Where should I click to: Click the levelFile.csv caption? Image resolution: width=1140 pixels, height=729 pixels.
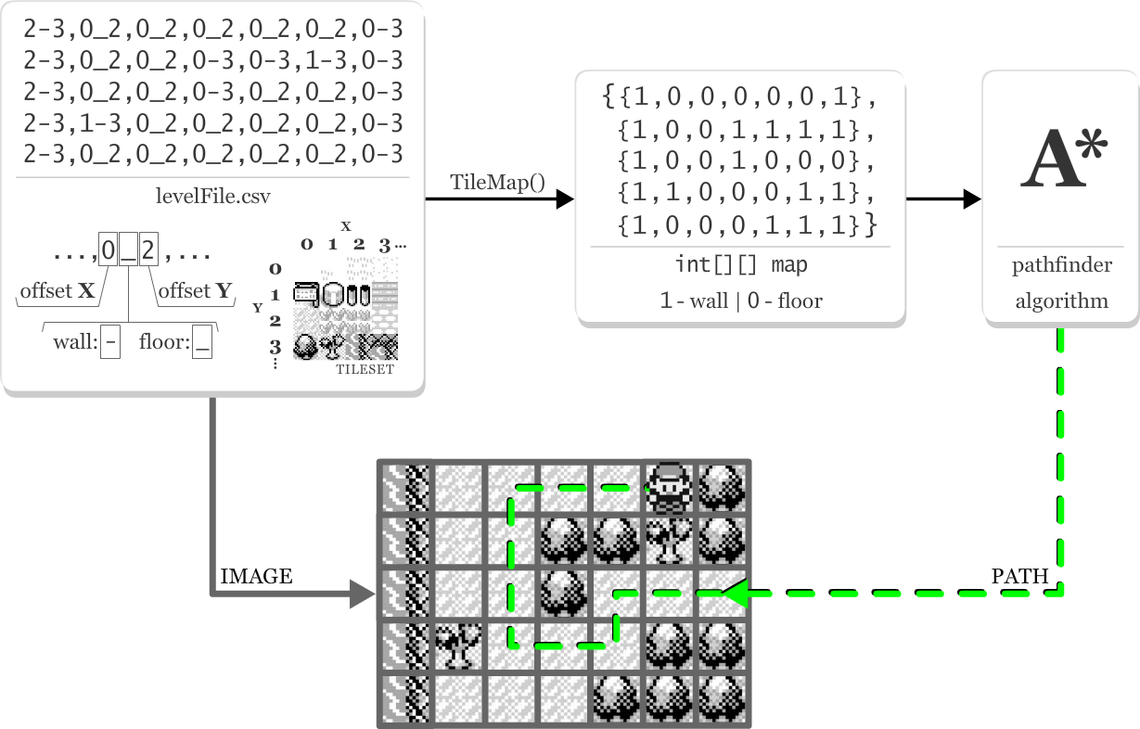coord(212,197)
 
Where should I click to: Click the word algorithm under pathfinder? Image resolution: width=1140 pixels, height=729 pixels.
coord(1061,301)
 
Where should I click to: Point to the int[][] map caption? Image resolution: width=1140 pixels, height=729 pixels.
coord(741,265)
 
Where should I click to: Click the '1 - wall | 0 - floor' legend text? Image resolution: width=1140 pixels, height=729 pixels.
coord(741,301)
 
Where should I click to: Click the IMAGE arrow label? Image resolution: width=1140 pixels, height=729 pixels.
coord(256,577)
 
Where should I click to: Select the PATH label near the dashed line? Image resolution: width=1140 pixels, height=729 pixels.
coord(1019,577)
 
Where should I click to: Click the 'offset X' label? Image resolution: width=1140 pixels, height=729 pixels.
coord(58,291)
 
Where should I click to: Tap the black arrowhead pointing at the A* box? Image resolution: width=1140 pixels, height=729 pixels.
coord(972,198)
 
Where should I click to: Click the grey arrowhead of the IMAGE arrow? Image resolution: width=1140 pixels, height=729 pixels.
coord(363,594)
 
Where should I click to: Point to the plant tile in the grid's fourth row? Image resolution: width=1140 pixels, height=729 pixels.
coord(458,645)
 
